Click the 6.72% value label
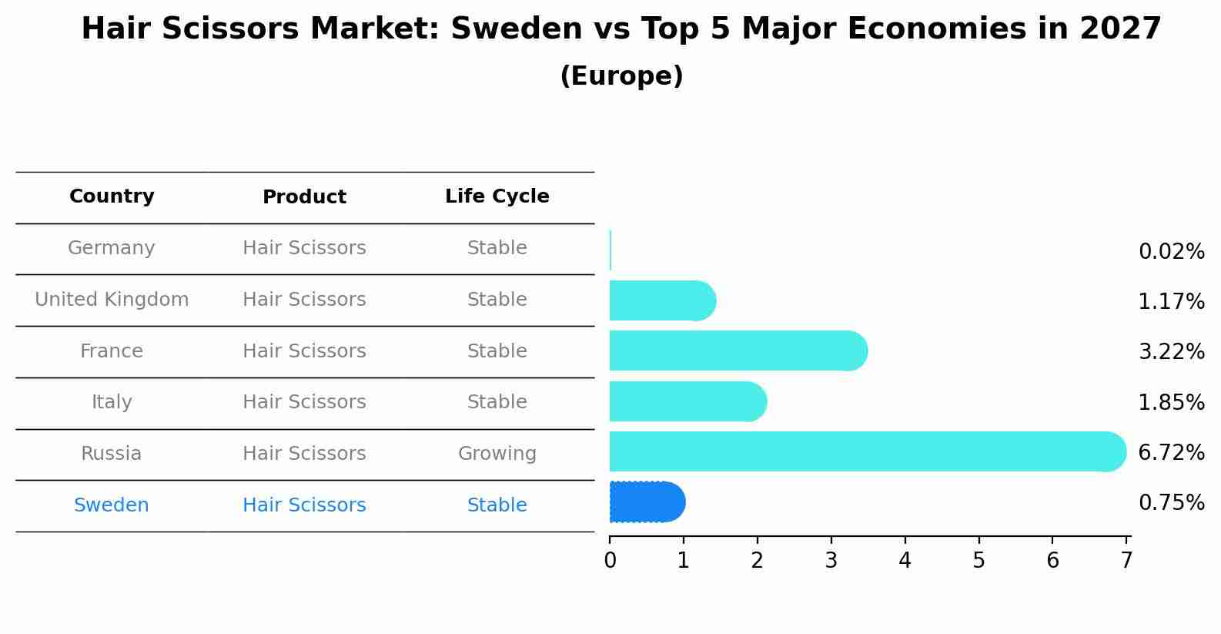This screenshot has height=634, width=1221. click(1171, 452)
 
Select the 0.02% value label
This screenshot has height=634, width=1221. click(1171, 252)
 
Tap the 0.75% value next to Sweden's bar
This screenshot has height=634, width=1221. click(1171, 503)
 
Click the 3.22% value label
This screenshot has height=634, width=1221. click(1171, 352)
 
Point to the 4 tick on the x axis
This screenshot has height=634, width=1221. click(905, 561)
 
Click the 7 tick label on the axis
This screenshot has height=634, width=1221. click(1126, 561)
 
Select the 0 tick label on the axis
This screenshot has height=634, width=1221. click(610, 561)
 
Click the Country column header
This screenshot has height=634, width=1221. click(112, 196)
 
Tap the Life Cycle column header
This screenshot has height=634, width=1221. click(497, 196)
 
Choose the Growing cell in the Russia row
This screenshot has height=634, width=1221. click(497, 454)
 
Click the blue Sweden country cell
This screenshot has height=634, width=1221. click(112, 505)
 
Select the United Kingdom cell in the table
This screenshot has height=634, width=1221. click(112, 300)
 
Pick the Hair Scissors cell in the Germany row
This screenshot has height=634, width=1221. click(304, 248)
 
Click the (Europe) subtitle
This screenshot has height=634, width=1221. click(621, 76)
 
